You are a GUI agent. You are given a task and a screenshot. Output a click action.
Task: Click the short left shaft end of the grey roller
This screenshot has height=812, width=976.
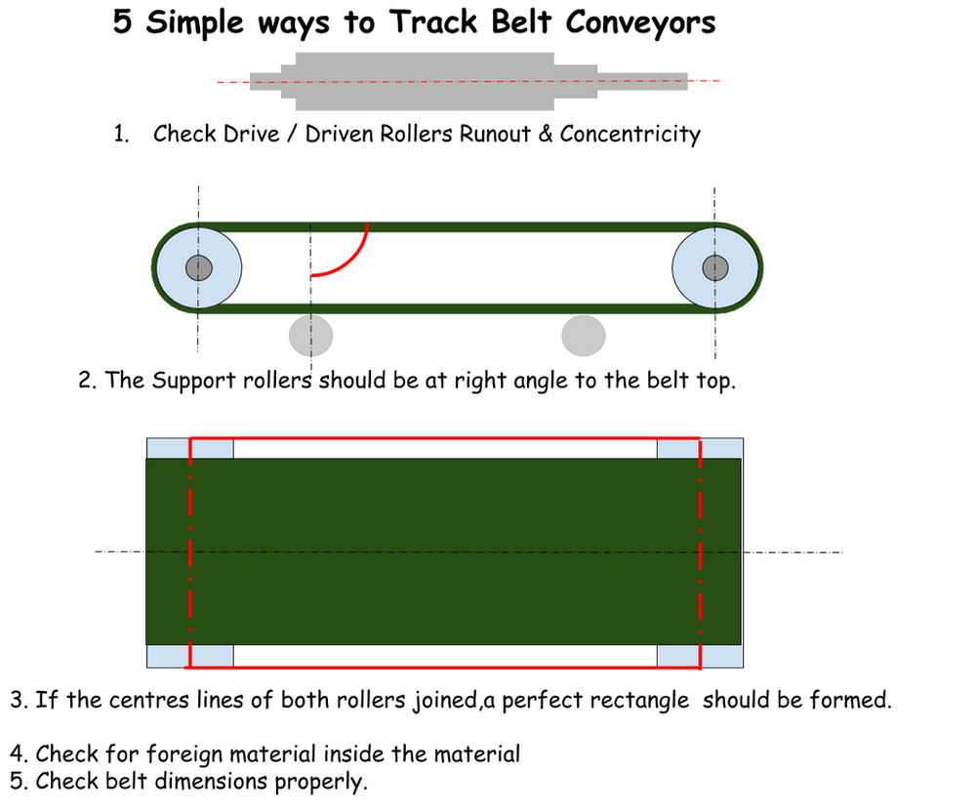262,81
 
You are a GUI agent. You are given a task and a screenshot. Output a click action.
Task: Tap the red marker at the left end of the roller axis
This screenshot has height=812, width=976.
231,82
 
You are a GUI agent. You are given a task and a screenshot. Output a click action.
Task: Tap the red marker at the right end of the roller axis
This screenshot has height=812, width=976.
707,80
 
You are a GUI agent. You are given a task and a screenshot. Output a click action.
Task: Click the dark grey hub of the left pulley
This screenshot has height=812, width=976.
199,267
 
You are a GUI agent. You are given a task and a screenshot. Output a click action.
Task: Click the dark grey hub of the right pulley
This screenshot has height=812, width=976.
715,267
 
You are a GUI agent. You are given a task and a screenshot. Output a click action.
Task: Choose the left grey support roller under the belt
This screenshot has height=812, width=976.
310,336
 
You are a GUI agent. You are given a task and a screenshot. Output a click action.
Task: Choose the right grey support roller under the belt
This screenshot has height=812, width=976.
584,335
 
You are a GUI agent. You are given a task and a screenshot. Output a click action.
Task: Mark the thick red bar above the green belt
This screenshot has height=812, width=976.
445,436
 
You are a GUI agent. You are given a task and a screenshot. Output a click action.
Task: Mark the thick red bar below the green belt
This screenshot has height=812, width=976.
445,669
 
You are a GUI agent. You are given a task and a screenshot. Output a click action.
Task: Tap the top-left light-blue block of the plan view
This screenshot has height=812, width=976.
168,449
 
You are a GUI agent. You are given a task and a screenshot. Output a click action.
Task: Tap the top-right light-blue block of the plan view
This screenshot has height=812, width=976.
722,449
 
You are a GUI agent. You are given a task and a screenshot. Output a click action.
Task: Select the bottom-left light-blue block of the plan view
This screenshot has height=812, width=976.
168,656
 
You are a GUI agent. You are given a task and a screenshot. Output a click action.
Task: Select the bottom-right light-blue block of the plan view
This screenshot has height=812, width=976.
722,656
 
